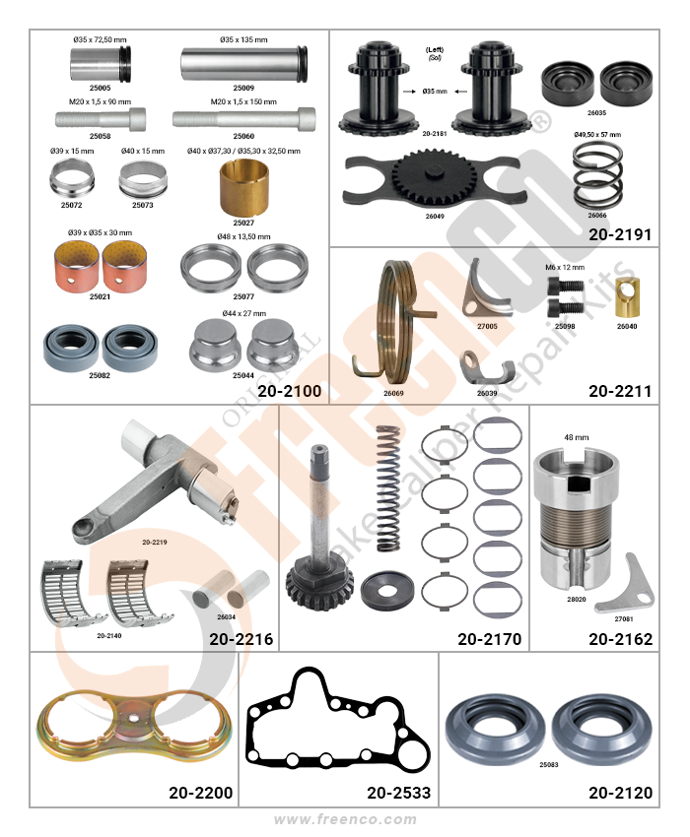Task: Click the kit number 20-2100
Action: click(x=289, y=391)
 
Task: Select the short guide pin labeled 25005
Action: click(x=101, y=64)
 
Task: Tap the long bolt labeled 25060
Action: click(x=243, y=119)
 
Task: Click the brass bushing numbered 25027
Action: click(x=243, y=187)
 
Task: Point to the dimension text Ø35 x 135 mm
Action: click(x=243, y=39)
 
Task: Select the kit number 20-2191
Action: click(x=620, y=235)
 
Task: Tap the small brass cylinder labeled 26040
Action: click(x=628, y=296)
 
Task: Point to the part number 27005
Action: click(x=487, y=326)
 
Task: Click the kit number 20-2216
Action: click(x=241, y=639)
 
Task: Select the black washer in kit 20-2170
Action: click(x=387, y=591)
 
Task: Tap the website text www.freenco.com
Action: click(x=345, y=819)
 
